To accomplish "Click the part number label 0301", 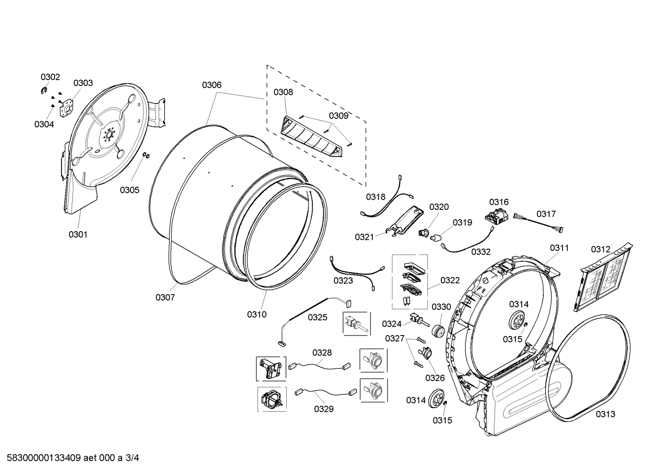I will [x=78, y=234].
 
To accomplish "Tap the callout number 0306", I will [x=211, y=85].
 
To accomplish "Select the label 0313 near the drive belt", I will [x=605, y=414].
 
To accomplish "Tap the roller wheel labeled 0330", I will [x=438, y=330].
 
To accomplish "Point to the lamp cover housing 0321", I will [x=405, y=221].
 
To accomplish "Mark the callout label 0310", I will [x=256, y=315].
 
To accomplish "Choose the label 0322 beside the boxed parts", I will [x=450, y=280].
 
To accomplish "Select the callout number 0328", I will [x=322, y=353].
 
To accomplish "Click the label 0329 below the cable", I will [x=323, y=409].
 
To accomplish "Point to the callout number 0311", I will [x=559, y=248].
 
